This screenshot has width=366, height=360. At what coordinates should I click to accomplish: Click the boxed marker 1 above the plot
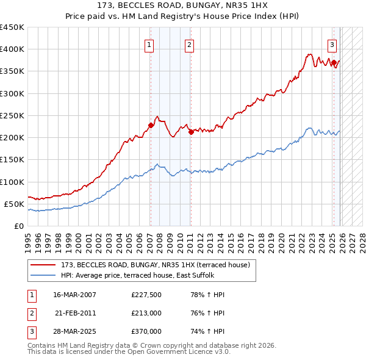click(x=149, y=44)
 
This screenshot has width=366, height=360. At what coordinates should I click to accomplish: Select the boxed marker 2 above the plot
click(x=189, y=44)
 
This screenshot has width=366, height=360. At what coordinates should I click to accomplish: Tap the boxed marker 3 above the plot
click(x=332, y=44)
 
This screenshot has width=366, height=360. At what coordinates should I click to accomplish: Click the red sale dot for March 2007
click(x=151, y=125)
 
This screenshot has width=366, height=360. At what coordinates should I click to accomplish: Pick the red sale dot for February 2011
click(x=190, y=131)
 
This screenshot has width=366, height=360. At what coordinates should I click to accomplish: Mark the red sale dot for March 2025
click(x=334, y=62)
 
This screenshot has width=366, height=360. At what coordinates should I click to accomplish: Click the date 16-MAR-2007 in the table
click(x=74, y=295)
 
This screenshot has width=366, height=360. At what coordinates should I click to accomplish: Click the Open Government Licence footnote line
click(x=129, y=352)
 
